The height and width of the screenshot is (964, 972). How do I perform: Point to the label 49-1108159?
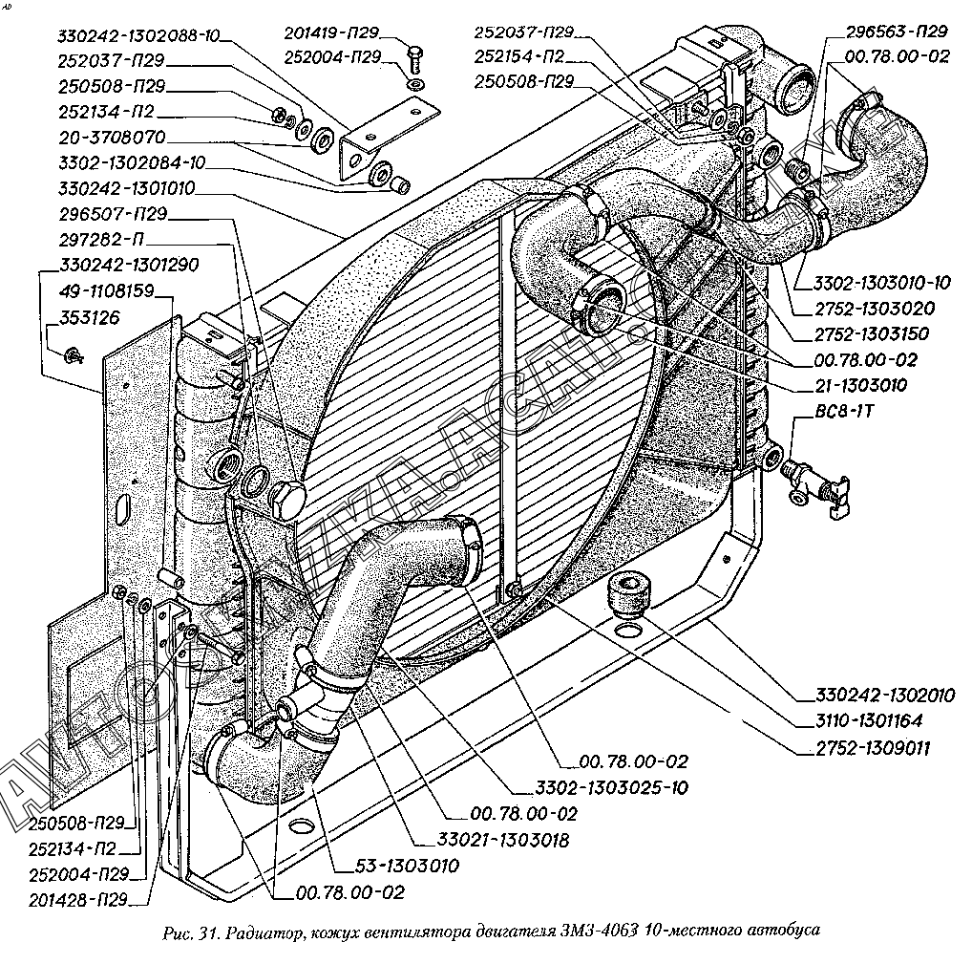[x=107, y=290]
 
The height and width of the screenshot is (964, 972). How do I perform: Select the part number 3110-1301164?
[x=870, y=721]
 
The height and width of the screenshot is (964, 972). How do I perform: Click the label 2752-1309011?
[x=870, y=748]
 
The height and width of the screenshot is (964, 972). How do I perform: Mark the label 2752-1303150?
[x=872, y=334]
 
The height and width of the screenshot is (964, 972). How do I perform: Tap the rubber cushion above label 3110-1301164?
[x=627, y=596]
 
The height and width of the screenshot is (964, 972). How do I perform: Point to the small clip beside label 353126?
[x=73, y=357]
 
